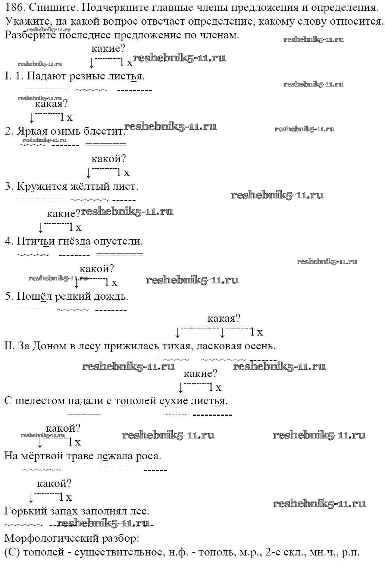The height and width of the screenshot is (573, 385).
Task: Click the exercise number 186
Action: tap(15, 7)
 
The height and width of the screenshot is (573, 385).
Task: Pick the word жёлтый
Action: tap(90, 186)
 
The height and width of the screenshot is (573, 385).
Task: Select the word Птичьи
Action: tap(35, 241)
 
